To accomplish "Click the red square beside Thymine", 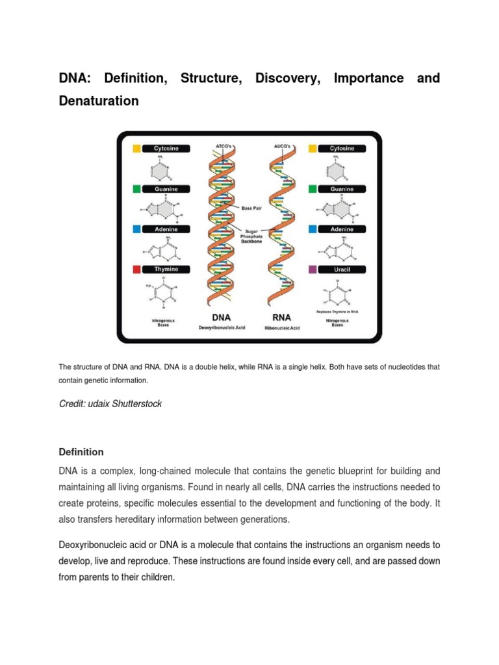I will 137,269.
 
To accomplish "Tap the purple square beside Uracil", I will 313,269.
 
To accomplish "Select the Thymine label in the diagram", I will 166,269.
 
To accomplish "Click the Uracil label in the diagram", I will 342,269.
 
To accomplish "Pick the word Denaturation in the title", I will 99,101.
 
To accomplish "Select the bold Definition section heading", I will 81,452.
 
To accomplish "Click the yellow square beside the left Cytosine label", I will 137,148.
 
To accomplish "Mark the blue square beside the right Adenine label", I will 313,229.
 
